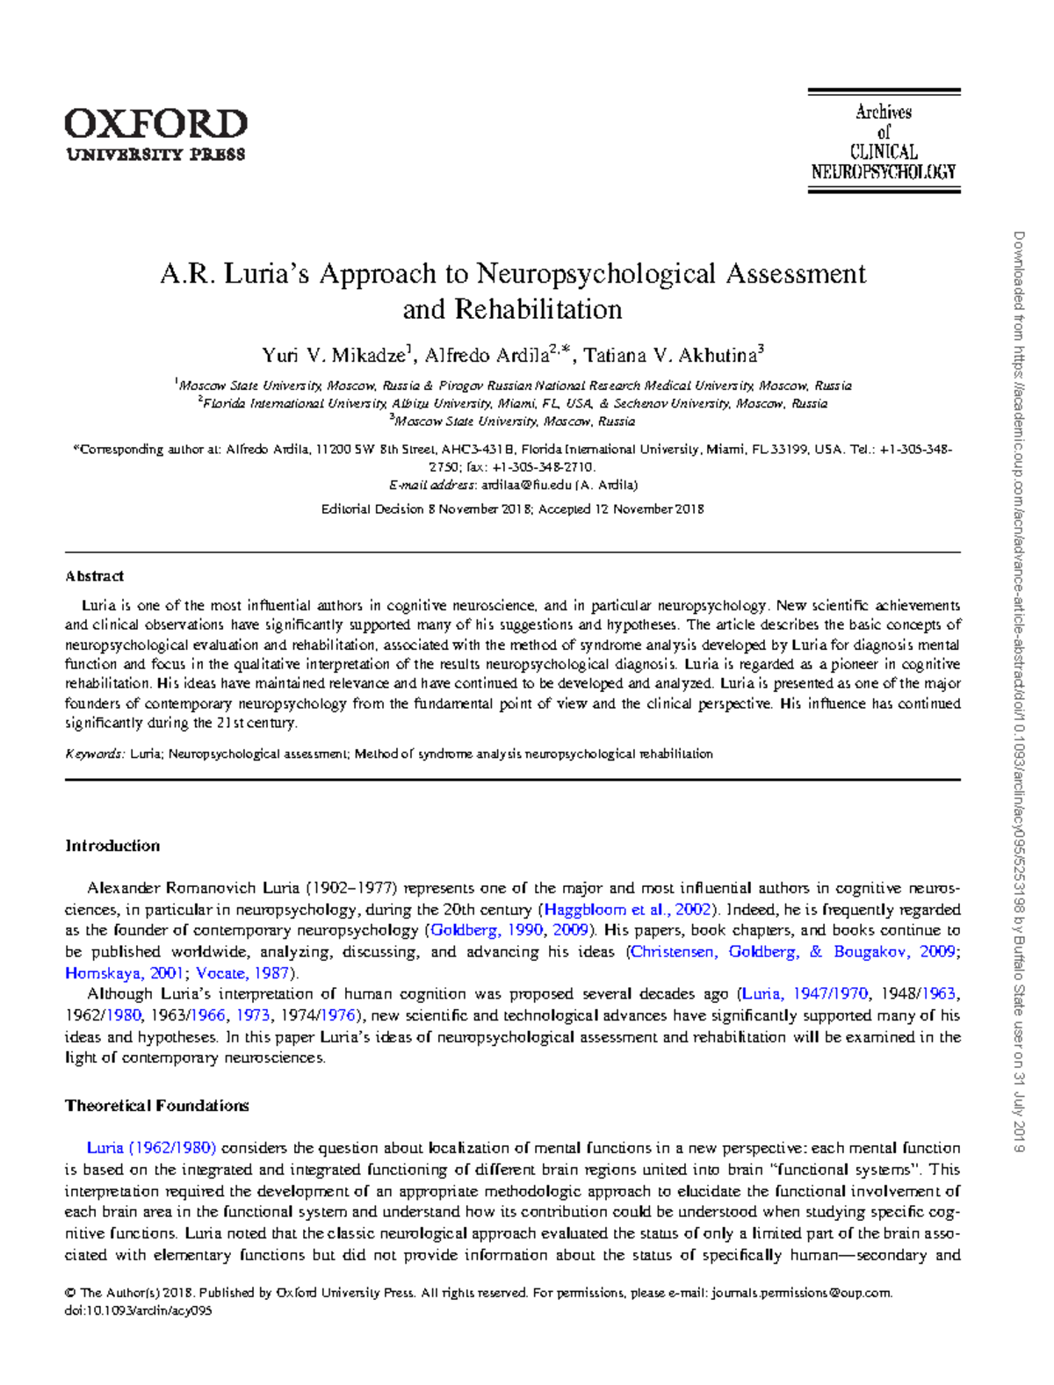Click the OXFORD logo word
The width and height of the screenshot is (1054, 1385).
pyautogui.click(x=155, y=124)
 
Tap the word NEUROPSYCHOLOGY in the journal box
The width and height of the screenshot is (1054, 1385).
pyautogui.click(x=883, y=172)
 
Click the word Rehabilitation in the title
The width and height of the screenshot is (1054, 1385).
pyautogui.click(x=512, y=309)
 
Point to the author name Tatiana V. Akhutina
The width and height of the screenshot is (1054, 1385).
pyautogui.click(x=670, y=356)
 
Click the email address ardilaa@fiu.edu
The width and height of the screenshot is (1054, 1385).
pyautogui.click(x=527, y=485)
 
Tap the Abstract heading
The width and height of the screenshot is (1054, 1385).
pyautogui.click(x=94, y=576)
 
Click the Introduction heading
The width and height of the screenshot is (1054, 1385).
pyautogui.click(x=112, y=846)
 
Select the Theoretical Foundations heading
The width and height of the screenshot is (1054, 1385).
pyautogui.click(x=156, y=1106)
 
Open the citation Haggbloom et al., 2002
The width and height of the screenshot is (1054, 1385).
pyautogui.click(x=627, y=910)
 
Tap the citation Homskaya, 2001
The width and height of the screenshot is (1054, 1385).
pyautogui.click(x=123, y=973)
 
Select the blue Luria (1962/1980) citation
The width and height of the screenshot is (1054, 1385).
pyautogui.click(x=151, y=1148)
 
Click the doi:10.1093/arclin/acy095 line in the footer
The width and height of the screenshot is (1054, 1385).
pyautogui.click(x=138, y=1310)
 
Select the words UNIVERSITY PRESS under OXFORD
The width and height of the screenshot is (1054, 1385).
pyautogui.click(x=155, y=155)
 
